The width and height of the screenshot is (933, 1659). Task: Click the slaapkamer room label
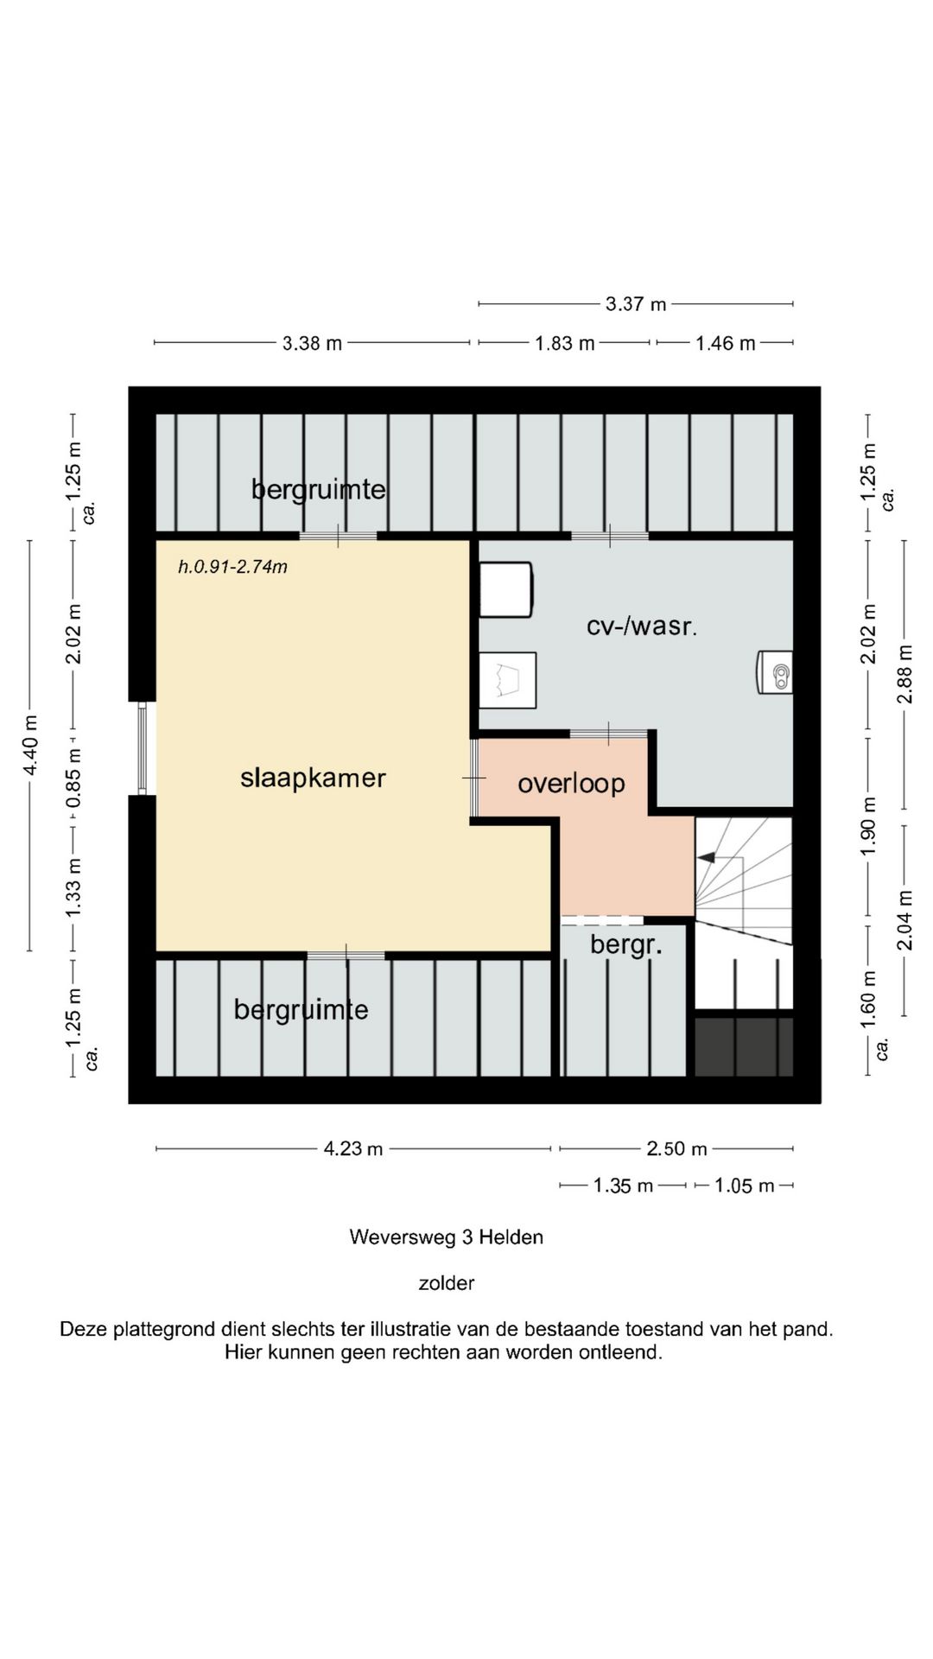click(313, 778)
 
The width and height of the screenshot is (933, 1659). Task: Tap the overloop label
click(571, 784)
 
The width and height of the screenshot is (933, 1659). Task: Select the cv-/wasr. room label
click(642, 626)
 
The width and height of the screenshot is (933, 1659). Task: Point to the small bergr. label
click(626, 945)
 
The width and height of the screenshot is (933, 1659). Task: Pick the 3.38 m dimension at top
click(312, 344)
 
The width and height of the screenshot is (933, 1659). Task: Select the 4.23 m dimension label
click(353, 1149)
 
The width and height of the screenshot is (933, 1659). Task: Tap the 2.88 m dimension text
click(904, 674)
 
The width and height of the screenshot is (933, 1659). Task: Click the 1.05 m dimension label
click(745, 1186)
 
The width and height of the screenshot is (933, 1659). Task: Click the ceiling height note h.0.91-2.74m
click(232, 567)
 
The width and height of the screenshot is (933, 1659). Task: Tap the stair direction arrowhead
click(707, 857)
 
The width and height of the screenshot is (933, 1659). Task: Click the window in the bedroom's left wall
click(143, 747)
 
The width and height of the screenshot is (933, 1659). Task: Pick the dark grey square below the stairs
click(744, 1047)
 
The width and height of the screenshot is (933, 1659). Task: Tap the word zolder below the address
click(447, 1283)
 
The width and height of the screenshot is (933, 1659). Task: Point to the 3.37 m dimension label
click(636, 304)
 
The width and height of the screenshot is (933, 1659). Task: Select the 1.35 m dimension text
click(623, 1186)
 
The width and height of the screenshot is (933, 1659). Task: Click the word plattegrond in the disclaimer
click(164, 1330)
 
